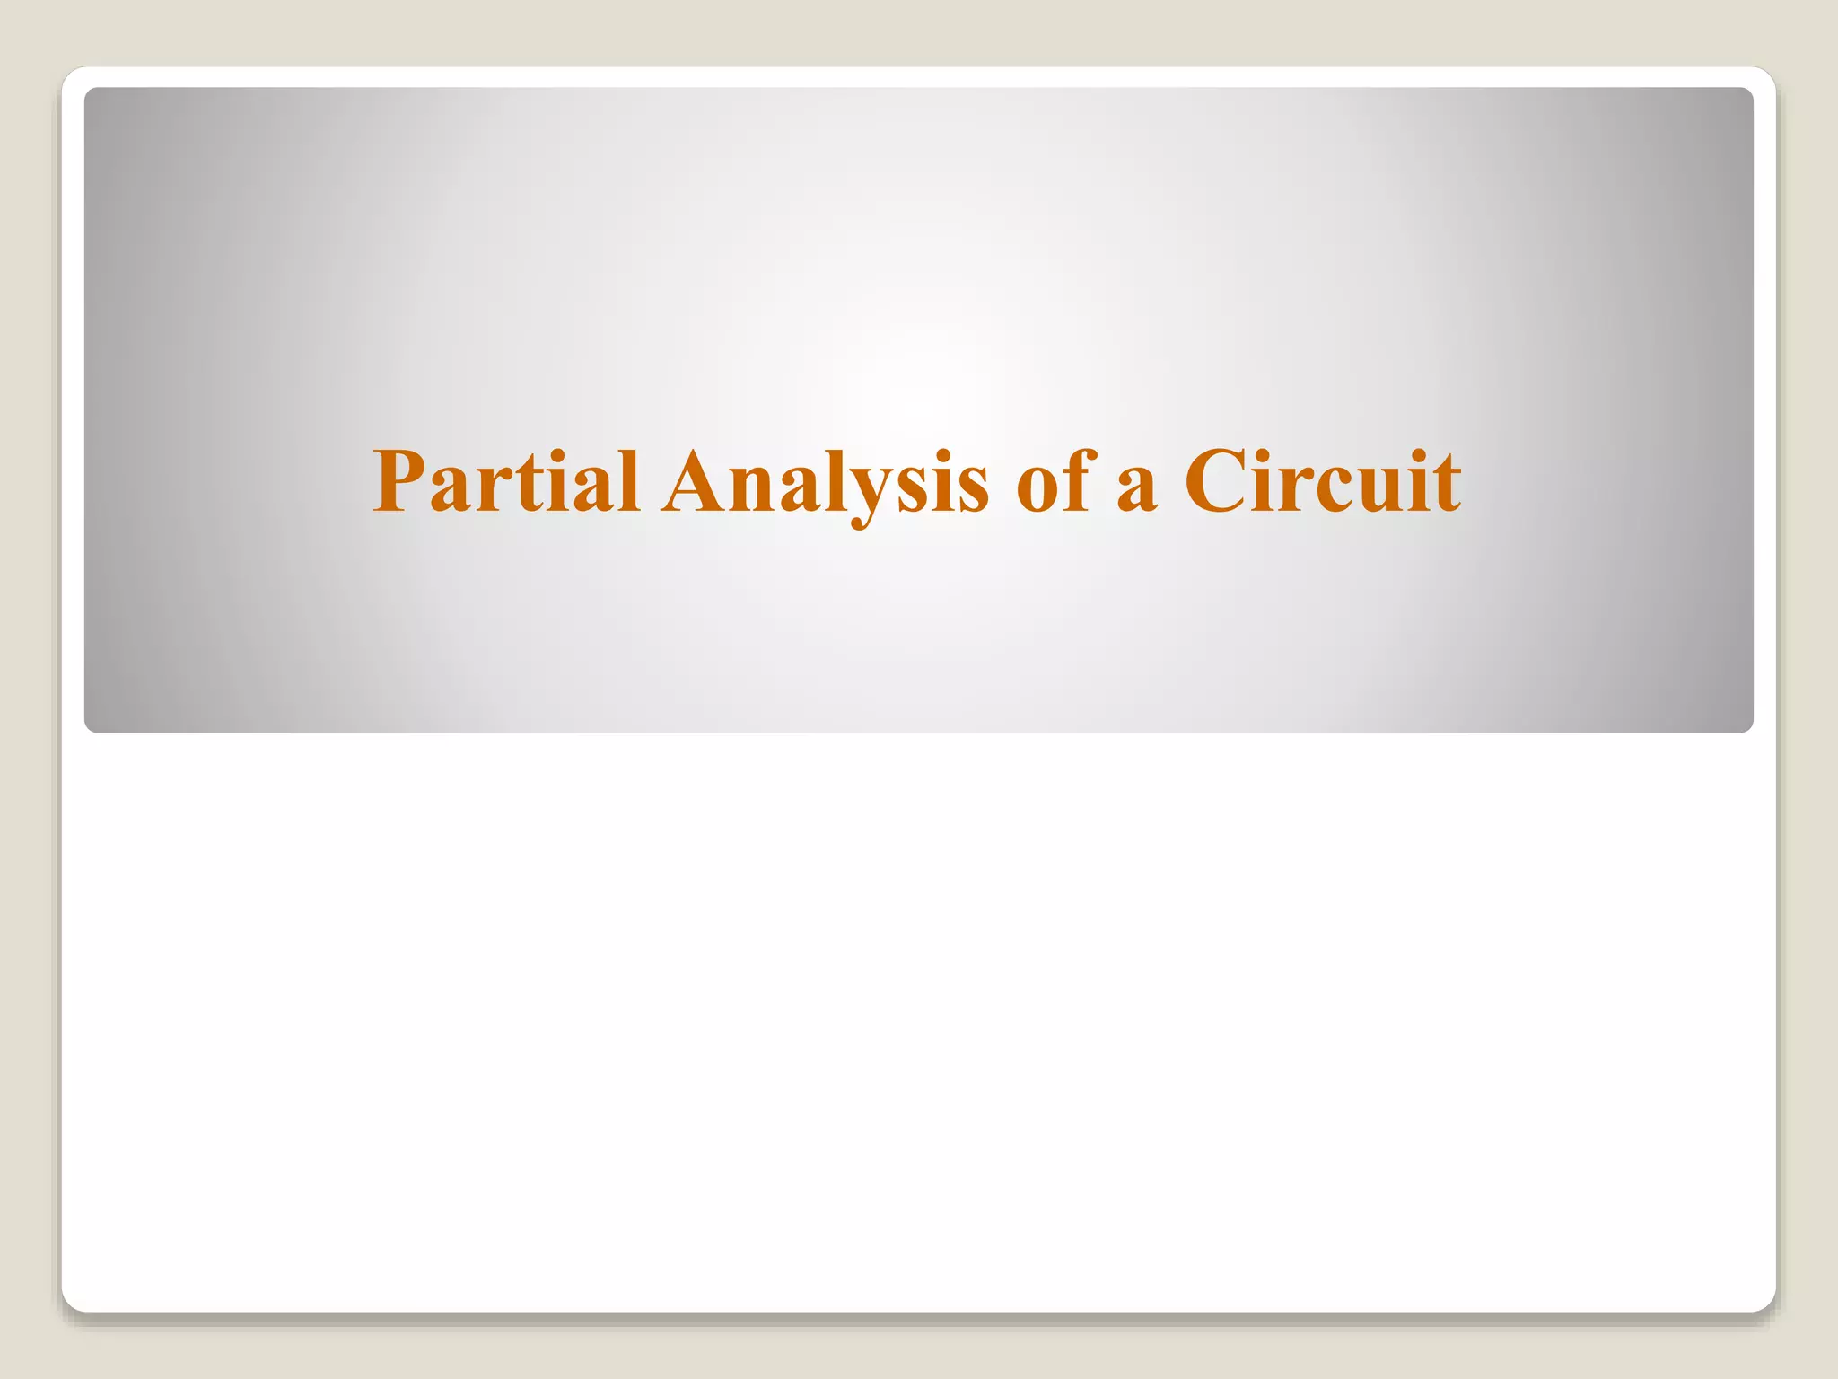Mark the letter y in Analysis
pyautogui.click(x=866, y=498)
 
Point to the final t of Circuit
pyautogui.click(x=1446, y=485)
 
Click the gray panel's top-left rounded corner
pyautogui.click(x=91, y=93)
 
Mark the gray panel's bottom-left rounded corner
pyautogui.click(x=91, y=726)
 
